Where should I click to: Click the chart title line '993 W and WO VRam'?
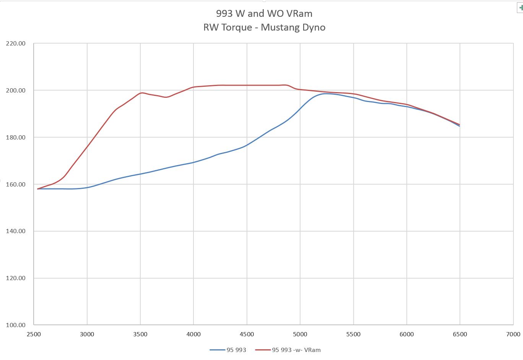(264, 14)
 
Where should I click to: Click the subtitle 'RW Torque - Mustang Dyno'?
(264, 28)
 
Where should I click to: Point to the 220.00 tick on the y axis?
(16, 44)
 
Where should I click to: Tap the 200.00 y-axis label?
(16, 91)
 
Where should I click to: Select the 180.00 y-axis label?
(16, 138)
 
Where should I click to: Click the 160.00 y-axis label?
(16, 185)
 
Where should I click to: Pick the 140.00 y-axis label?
(16, 231)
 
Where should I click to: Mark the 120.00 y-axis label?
(16, 278)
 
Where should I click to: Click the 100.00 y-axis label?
(16, 325)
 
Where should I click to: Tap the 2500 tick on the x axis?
(34, 334)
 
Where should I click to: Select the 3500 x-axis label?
(140, 334)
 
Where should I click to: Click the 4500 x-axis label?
(247, 334)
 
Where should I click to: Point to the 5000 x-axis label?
(300, 334)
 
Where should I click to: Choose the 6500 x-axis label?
(460, 334)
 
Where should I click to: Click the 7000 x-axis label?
(513, 334)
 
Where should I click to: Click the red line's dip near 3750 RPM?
(166, 97)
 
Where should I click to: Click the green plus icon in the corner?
(520, 8)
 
